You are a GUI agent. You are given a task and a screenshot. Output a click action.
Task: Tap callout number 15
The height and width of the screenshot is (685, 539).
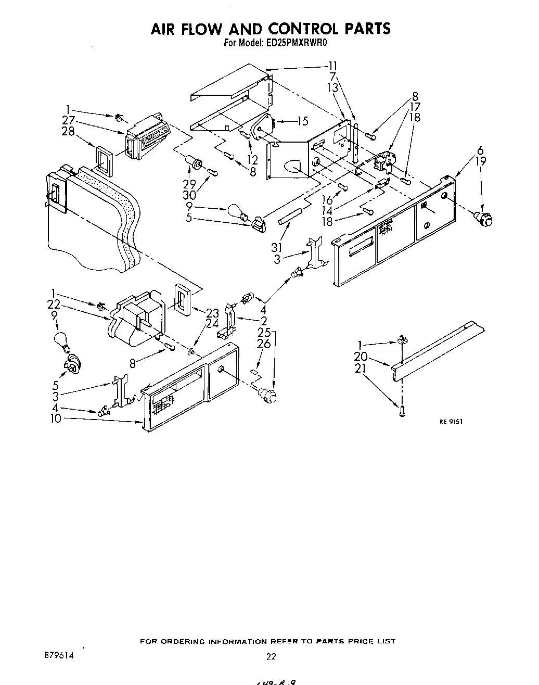coord(303,121)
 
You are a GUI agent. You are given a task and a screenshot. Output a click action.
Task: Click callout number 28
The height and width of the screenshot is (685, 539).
coord(68,131)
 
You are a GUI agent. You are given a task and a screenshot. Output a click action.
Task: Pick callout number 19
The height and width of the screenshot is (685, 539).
coord(481,161)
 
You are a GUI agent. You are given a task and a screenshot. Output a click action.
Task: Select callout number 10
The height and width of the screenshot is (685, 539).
coord(56,418)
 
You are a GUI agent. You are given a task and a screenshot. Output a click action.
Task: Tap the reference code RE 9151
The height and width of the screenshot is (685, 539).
coord(451,422)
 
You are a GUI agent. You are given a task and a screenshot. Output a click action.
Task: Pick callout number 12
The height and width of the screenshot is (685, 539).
coord(253,159)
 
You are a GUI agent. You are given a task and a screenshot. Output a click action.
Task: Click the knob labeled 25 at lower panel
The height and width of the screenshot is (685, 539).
coord(269,395)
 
